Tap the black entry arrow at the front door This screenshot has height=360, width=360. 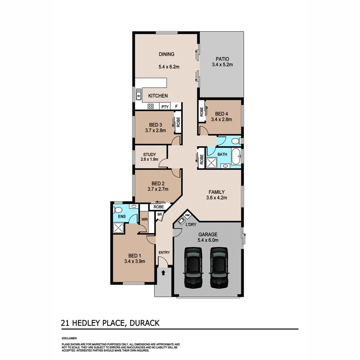click(163, 272)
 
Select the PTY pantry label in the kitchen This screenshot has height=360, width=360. click(165, 107)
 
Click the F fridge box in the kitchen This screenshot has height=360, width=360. click(177, 107)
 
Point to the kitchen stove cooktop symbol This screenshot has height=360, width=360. click(151, 107)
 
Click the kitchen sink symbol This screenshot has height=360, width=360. click(138, 93)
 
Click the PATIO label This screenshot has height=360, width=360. click(222, 59)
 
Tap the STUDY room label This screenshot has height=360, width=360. click(149, 155)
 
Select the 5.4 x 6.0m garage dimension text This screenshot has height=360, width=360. click(208, 240)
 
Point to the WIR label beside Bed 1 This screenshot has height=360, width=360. click(144, 219)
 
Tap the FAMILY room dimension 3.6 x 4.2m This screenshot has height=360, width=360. click(216, 198)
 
